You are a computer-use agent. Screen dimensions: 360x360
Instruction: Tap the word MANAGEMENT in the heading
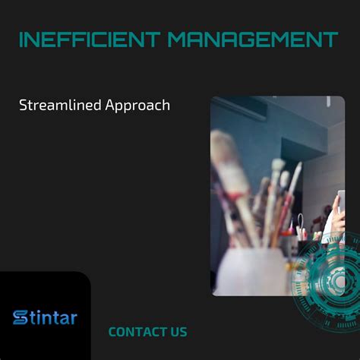click(x=252, y=39)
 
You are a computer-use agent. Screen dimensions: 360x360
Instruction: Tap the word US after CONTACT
click(x=178, y=332)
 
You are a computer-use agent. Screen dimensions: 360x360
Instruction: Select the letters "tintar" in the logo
click(x=54, y=317)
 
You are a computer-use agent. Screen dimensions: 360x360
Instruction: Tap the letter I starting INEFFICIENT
click(x=21, y=39)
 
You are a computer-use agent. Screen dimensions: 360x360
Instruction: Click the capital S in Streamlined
click(x=23, y=106)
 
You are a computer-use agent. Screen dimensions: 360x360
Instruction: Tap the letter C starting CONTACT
click(x=112, y=332)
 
